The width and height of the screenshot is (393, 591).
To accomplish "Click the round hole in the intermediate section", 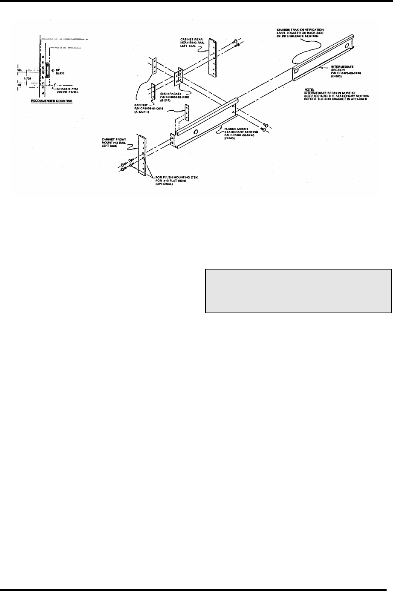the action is pyautogui.click(x=346, y=46).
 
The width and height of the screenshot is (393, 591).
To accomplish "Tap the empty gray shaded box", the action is pyautogui.click(x=298, y=291).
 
